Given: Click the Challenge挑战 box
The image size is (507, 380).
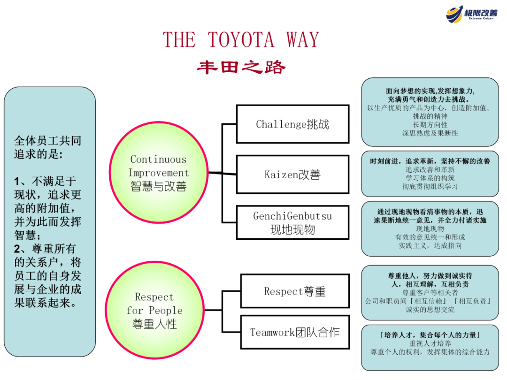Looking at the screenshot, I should pos(292,124).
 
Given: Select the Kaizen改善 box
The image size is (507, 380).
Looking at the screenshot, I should pos(292,175).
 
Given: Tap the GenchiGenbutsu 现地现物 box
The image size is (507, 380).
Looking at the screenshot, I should pos(292,222).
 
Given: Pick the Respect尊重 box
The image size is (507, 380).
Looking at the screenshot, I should pos(295,291).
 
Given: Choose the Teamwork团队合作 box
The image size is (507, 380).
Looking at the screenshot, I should pos(295,332).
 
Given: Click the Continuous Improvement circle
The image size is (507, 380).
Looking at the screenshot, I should pos(158,173).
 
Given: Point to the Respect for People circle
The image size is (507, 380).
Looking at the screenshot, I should pos(154,310).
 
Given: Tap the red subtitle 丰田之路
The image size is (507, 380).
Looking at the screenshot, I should pos(241,68).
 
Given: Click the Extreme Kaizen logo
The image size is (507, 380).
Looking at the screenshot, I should pos(471,14).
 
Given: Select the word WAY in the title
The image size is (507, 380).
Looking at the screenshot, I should pos(303,40).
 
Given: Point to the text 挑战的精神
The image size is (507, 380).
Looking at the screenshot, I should pos(430,116).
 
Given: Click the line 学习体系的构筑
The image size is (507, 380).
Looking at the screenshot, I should pos(430,178).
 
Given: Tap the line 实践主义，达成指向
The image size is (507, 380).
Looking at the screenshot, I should pos(430,245).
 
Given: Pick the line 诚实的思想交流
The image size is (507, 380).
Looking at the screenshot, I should pos(430,310).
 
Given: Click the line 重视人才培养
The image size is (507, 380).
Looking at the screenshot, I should pos(430,343).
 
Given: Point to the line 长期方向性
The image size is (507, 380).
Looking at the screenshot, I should pos(430,124).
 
